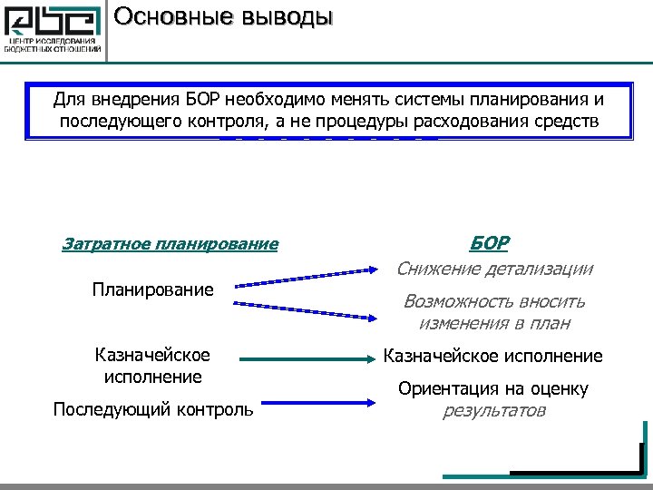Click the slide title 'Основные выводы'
(x=224, y=16)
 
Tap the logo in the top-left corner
(x=53, y=31)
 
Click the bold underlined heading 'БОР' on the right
(x=489, y=243)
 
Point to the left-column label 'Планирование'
(x=152, y=289)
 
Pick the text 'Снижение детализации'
(x=494, y=269)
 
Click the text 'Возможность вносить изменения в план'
(x=494, y=311)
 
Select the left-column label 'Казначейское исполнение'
(x=152, y=365)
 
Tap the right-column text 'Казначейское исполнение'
(x=493, y=357)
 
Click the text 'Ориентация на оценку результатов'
(x=493, y=399)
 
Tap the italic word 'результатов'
(x=493, y=410)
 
